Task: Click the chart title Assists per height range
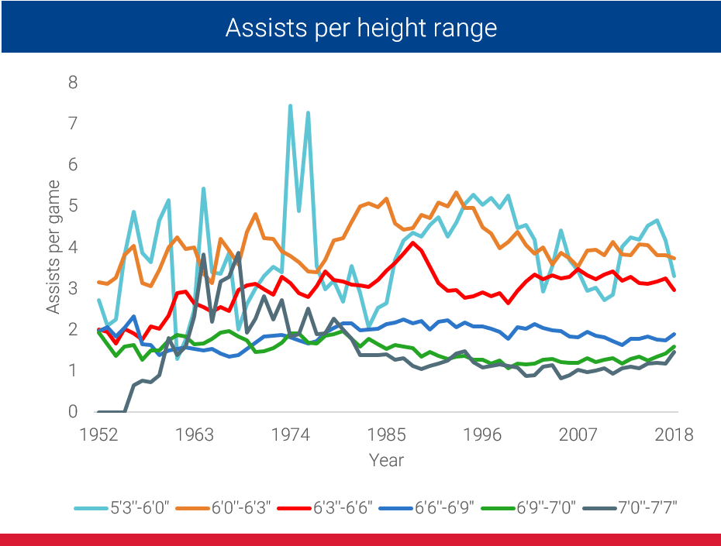[x=360, y=29]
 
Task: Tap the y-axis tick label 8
[x=74, y=82]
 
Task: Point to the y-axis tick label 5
[x=74, y=206]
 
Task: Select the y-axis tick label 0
[x=74, y=412]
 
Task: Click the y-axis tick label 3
[x=74, y=288]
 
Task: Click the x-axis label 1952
[x=98, y=434]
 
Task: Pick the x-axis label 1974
[x=291, y=434]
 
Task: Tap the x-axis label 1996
[x=482, y=434]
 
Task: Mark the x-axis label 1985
[x=386, y=434]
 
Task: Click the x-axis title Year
[x=386, y=459]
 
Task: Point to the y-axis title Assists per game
[x=53, y=247]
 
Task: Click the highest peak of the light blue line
[x=290, y=105]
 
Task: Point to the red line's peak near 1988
[x=413, y=243]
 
